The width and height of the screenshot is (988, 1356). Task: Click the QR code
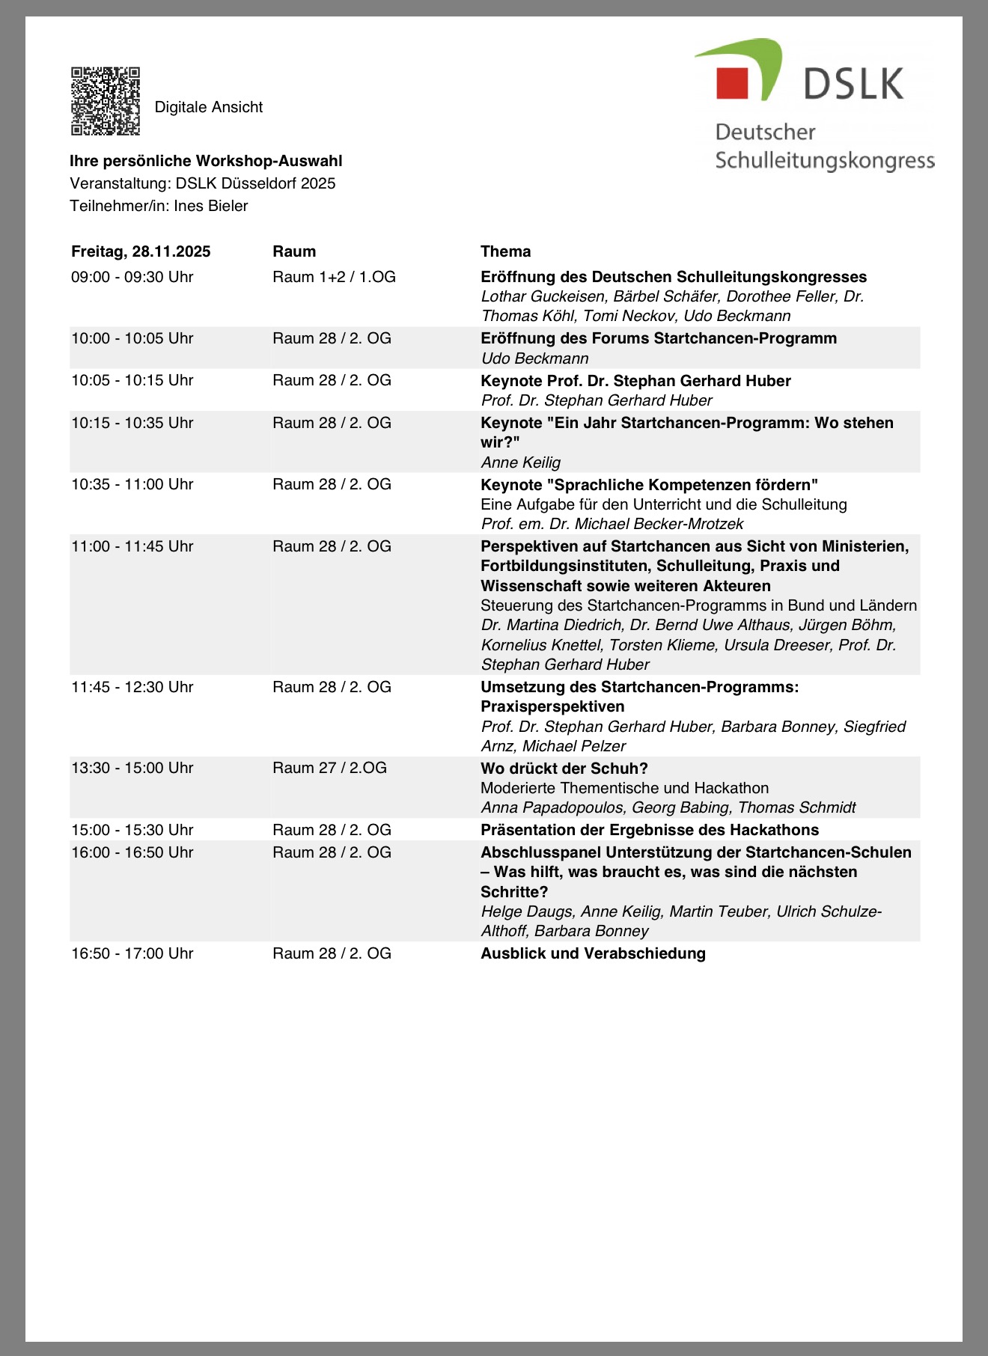pos(106,102)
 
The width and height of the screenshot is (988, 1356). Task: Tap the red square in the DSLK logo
pos(732,83)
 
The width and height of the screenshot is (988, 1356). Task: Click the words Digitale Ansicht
pos(208,107)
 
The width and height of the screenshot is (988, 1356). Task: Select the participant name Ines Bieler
pos(211,206)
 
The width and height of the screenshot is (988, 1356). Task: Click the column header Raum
pos(294,251)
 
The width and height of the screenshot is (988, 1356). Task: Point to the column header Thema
pos(505,251)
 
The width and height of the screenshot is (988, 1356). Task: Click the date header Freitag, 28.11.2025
pos(141,251)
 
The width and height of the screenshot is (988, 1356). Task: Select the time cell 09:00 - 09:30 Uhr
pos(132,277)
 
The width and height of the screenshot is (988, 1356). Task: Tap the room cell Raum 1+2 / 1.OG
pos(334,277)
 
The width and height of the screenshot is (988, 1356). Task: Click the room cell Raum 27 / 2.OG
pos(329,768)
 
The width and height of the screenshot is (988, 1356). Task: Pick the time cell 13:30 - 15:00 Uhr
pos(132,768)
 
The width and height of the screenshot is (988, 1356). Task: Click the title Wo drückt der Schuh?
pos(564,768)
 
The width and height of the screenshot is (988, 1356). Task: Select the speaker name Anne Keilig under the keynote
pos(520,462)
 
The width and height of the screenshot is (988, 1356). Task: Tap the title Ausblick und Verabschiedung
pos(593,953)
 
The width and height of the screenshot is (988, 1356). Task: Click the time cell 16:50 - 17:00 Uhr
pos(132,953)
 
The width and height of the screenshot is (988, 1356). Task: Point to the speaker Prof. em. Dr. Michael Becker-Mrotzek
pos(612,524)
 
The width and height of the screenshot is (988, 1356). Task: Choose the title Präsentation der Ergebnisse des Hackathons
pos(649,830)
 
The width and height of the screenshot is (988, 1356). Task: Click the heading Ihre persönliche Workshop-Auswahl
pos(206,161)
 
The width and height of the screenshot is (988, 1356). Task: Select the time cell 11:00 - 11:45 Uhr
pos(132,546)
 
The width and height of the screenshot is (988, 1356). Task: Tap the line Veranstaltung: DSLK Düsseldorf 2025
pos(202,183)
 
